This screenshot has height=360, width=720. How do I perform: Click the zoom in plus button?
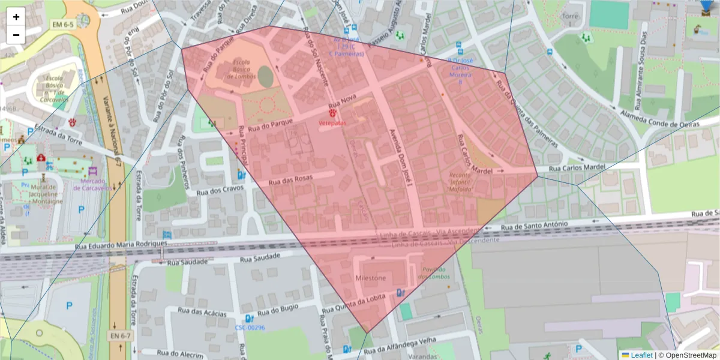(16, 17)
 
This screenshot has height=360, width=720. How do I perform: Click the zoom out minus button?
(16, 35)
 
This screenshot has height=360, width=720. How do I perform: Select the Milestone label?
(371, 278)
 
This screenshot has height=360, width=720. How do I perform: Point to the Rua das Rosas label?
(291, 179)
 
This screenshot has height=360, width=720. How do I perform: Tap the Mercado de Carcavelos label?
(89, 184)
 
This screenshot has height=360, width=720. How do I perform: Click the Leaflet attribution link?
(641, 355)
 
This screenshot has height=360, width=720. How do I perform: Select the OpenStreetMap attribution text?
(691, 355)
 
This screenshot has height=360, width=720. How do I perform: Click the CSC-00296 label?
(250, 328)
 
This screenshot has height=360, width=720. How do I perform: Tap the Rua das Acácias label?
(202, 312)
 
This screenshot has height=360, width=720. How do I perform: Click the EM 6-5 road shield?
(62, 25)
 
